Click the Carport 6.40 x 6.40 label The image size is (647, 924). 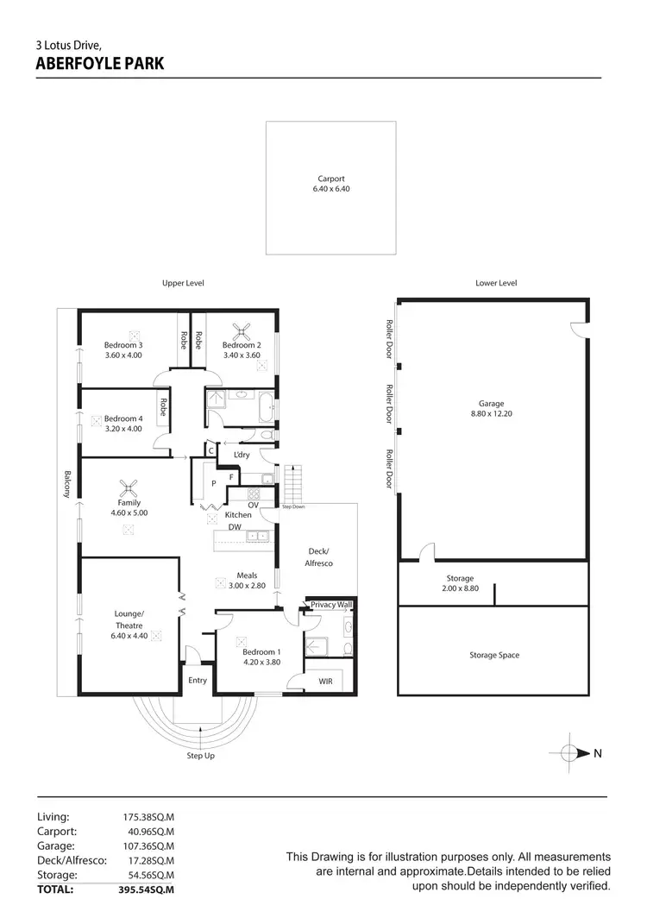tap(331, 184)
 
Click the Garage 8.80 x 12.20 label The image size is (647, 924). tap(493, 408)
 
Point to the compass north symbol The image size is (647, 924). tap(570, 753)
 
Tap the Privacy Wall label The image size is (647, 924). tap(332, 605)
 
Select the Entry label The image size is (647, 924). tap(198, 681)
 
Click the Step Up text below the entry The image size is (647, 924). tap(200, 756)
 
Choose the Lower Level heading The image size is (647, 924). tap(496, 283)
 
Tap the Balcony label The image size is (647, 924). tap(66, 484)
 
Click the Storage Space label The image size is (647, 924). tap(494, 655)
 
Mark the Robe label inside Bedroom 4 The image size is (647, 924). tap(163, 406)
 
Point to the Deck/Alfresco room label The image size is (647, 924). tap(320, 556)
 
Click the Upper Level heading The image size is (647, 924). tap(183, 283)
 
